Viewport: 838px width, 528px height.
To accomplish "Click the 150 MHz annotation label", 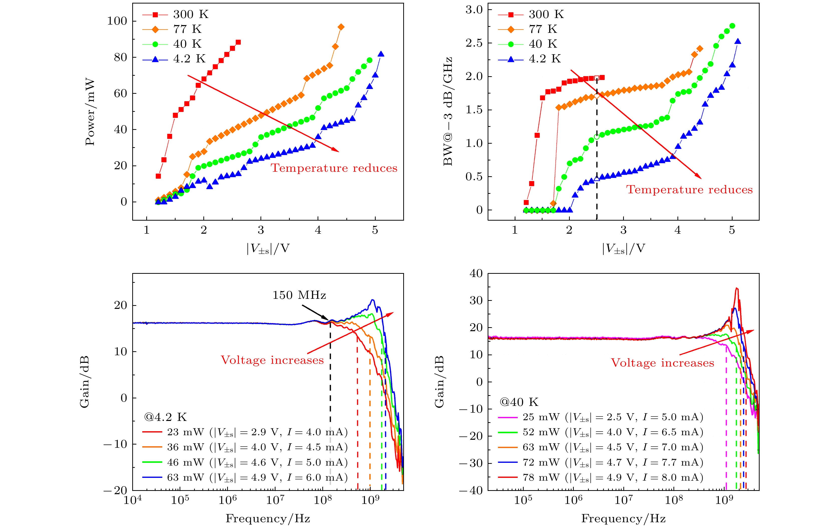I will click(x=299, y=295).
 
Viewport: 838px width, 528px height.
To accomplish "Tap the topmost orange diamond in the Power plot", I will click(x=341, y=27).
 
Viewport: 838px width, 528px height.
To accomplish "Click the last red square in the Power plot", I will click(x=238, y=42).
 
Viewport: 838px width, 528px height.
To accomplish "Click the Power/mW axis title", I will click(x=90, y=112).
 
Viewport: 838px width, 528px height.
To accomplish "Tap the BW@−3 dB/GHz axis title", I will click(x=448, y=112).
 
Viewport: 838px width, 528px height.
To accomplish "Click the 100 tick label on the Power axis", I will click(x=117, y=21).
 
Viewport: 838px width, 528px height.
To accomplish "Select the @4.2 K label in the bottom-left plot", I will click(x=165, y=417).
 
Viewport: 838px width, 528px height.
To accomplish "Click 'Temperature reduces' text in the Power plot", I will click(x=334, y=168).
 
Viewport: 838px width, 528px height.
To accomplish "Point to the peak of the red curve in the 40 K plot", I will click(x=736, y=288).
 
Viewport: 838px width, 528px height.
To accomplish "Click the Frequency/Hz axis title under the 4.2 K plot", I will click(x=268, y=518).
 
